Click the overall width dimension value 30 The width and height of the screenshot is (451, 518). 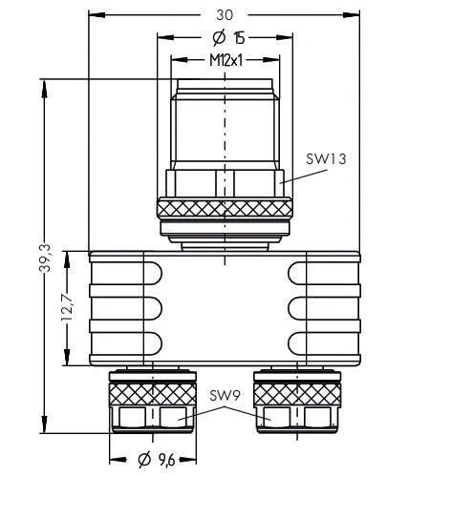(225, 15)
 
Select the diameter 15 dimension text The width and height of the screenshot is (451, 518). (228, 37)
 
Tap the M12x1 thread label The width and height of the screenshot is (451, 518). (226, 60)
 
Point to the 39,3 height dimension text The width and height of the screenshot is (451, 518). (45, 258)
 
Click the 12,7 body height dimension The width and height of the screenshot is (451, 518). (67, 307)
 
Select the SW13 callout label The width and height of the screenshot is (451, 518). (326, 159)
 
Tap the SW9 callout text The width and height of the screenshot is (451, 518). (225, 395)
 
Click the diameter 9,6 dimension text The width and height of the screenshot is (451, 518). (156, 460)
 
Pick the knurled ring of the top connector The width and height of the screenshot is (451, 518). (225, 208)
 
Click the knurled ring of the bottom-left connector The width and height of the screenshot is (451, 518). (153, 394)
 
